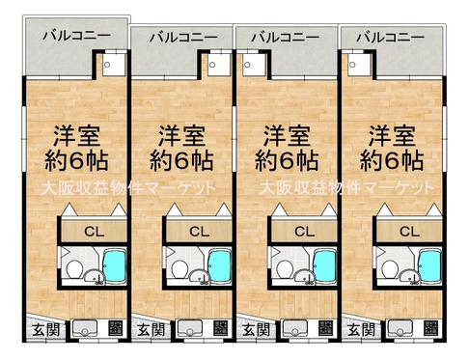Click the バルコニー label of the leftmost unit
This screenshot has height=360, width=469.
click(76, 35)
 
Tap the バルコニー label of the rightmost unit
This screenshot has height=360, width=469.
click(390, 38)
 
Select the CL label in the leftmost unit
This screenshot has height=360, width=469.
click(95, 232)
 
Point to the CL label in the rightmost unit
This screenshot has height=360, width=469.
click(409, 232)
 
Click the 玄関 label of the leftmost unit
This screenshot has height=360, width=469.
click(46, 330)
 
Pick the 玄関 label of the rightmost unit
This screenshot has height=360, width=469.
click(362, 330)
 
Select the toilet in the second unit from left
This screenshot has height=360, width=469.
click(179, 269)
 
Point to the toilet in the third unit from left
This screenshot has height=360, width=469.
click(284, 269)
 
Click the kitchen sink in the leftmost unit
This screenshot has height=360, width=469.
click(85, 328)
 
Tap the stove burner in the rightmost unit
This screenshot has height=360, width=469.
click(430, 328)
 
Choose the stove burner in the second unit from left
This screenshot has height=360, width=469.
click(220, 328)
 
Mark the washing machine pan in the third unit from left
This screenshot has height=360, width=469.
click(254, 65)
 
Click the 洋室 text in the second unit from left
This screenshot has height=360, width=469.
click(182, 135)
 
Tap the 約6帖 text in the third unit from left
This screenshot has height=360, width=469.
click(287, 160)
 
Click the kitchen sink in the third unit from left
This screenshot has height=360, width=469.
click(295, 328)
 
